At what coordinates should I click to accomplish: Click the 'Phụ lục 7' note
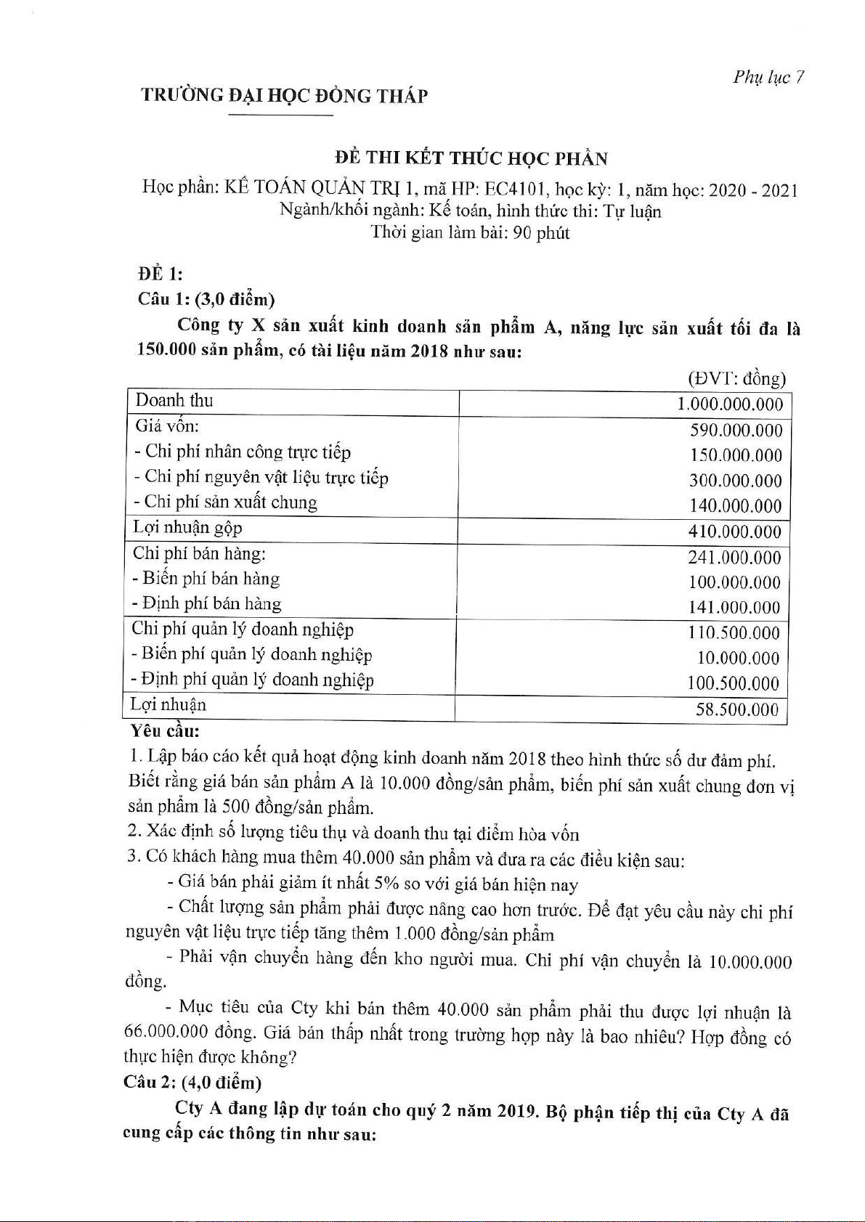tap(768, 78)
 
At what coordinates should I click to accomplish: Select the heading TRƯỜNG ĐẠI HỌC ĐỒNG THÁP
tap(284, 96)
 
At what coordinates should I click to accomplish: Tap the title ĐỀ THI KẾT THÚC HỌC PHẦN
tap(471, 159)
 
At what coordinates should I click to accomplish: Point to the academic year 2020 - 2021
tap(753, 191)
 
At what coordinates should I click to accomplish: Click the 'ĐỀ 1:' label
tap(161, 274)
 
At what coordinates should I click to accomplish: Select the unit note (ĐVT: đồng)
tap(736, 378)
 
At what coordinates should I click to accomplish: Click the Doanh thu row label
tap(174, 401)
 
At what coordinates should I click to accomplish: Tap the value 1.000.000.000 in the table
tap(730, 404)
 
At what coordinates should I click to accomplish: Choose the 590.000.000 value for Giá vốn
tap(736, 431)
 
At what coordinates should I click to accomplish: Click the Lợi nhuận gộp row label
tap(187, 528)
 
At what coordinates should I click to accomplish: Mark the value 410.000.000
tap(734, 532)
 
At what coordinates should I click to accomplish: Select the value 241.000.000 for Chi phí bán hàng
tap(734, 558)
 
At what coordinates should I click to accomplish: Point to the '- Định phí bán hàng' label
tap(207, 603)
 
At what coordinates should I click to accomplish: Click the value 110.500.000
tap(734, 633)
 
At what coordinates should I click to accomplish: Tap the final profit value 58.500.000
tap(736, 709)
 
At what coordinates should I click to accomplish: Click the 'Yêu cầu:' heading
tap(164, 731)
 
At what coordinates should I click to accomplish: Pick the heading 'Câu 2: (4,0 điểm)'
tap(192, 1083)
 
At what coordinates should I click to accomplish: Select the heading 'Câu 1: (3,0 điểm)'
tap(206, 299)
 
